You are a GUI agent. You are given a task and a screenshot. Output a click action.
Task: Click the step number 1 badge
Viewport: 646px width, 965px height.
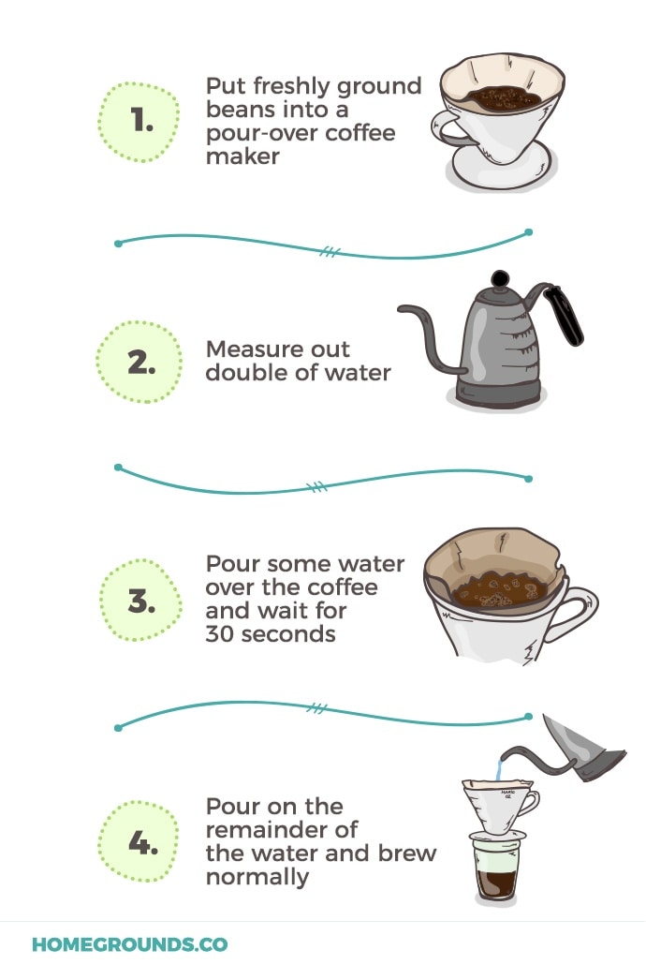[x=139, y=122]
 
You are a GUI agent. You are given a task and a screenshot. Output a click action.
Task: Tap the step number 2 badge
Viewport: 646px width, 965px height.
[x=139, y=362]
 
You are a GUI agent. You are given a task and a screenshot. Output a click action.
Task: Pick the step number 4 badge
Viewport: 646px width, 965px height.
[x=139, y=843]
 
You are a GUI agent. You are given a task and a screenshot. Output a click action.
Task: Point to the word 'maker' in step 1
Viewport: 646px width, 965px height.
[x=242, y=156]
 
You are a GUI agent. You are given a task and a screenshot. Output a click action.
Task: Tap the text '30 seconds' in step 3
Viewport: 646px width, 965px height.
[x=271, y=633]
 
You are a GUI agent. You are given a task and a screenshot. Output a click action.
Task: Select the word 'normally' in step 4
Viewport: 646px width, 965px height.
[x=257, y=877]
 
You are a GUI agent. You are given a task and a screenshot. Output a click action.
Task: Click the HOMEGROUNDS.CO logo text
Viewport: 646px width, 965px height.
[x=129, y=944]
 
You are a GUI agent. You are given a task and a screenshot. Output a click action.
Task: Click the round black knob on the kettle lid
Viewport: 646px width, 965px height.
[x=501, y=278]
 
